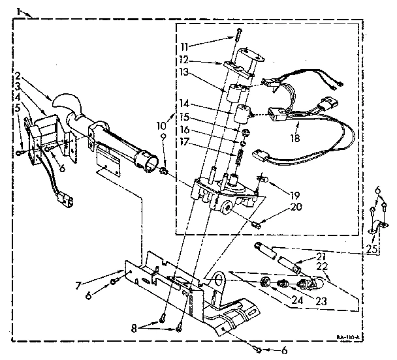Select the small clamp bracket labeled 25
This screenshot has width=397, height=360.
coord(377,230)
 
